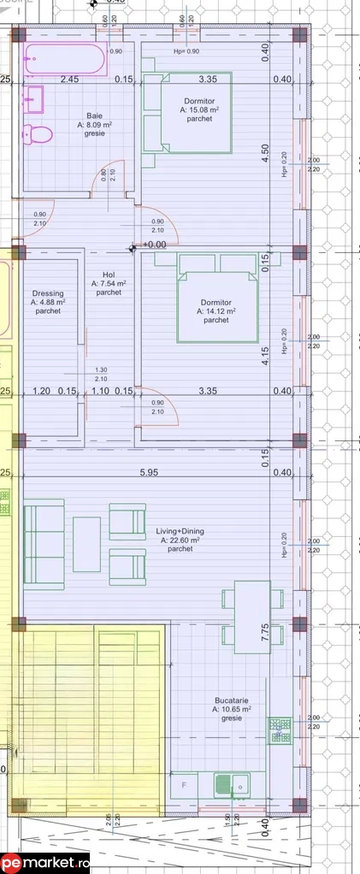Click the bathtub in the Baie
[64, 60]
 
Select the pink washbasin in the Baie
[34, 99]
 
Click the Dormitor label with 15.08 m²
[199, 109]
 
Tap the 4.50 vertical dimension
[265, 152]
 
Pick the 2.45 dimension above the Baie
[69, 80]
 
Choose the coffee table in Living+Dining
[87, 543]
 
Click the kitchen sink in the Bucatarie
[231, 782]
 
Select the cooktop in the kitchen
[280, 729]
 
